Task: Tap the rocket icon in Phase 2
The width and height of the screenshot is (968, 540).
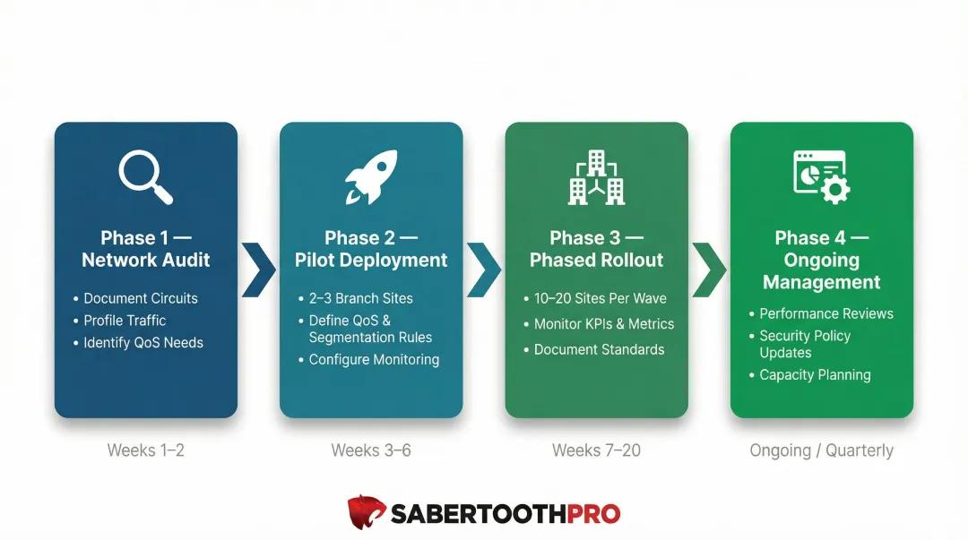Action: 370,177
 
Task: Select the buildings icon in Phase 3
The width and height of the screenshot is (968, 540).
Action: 596,177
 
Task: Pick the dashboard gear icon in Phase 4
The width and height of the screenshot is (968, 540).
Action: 821,177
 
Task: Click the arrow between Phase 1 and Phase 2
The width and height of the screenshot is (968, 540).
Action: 259,268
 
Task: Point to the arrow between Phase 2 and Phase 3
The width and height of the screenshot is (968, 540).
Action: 484,268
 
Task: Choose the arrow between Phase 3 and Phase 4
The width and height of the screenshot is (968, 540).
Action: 709,268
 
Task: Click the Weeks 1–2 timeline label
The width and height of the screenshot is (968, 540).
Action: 146,450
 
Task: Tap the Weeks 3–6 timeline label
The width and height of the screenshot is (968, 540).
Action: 371,450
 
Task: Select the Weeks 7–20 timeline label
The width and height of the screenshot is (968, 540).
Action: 596,450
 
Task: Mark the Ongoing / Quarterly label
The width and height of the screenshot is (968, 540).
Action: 821,450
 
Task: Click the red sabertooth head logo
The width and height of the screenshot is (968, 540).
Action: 367,513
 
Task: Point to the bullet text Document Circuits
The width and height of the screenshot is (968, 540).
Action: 141,298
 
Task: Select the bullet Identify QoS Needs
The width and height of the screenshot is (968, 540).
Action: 143,342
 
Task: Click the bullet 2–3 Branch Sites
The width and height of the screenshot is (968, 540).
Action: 360,298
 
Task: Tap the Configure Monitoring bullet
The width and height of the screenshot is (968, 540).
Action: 374,359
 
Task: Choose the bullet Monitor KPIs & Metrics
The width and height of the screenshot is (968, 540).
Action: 604,324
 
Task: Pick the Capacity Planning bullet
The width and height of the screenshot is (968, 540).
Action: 815,375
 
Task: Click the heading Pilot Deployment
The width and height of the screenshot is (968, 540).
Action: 371,261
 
